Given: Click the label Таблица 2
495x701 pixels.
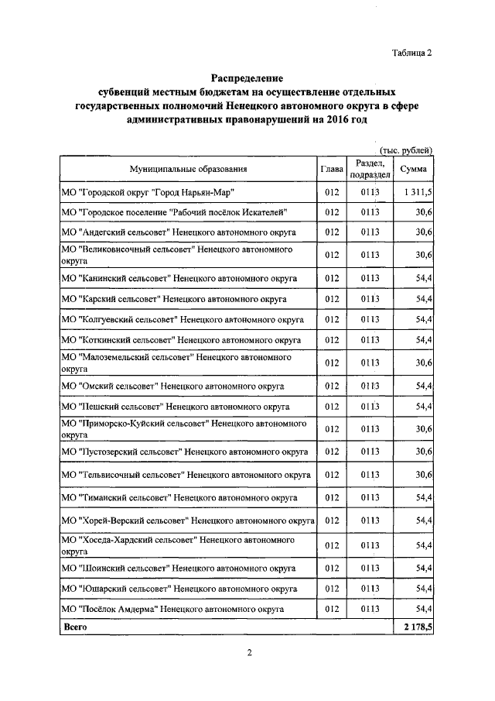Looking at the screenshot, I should click(x=411, y=53).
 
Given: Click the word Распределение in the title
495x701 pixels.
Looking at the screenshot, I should click(x=248, y=77).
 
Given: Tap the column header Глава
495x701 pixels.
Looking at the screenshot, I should click(x=332, y=169).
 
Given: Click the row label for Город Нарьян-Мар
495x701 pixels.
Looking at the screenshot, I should click(x=147, y=191).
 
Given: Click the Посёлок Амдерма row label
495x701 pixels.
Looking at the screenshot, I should click(x=169, y=609).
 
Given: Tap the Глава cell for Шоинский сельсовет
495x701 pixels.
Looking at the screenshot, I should click(x=333, y=568).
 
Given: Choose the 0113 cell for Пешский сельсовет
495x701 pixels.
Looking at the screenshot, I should click(x=370, y=406).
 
